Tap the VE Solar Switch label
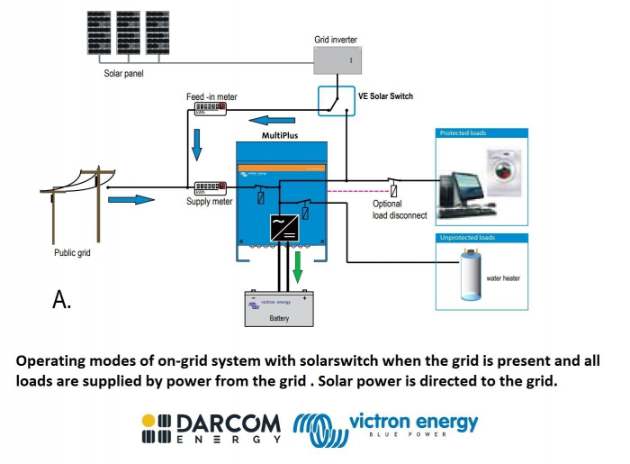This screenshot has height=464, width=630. coord(385,96)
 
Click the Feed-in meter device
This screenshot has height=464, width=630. coord(205,110)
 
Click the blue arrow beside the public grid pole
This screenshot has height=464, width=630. coord(131,199)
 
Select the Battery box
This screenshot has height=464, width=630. coord(280,309)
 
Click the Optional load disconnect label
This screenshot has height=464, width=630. coord(399,209)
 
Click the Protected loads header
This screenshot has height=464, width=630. coord(463,132)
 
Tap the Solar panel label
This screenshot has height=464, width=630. coord(124,72)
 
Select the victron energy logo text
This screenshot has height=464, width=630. coord(412,421)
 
